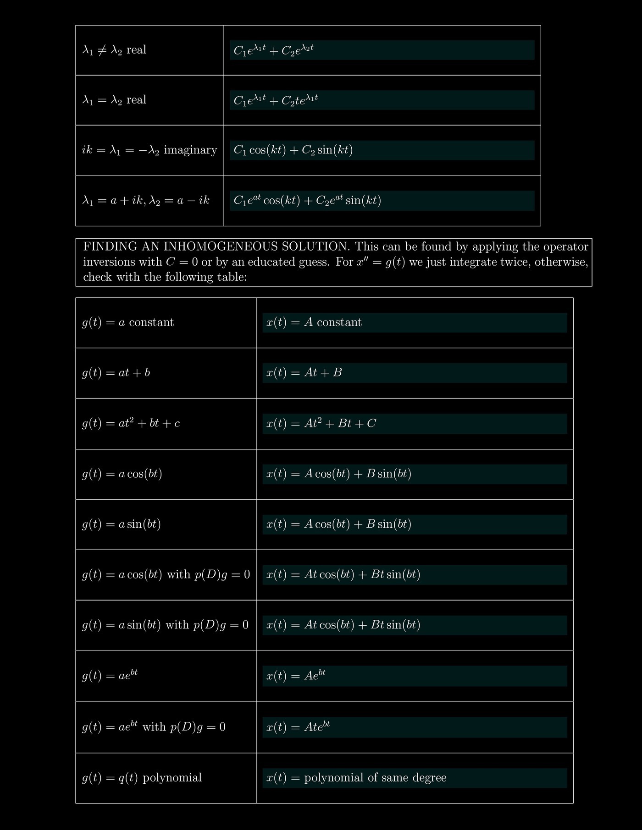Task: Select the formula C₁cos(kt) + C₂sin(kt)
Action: tap(293, 150)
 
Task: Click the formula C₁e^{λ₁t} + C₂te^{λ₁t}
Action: tap(276, 100)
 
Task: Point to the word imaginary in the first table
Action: tap(190, 150)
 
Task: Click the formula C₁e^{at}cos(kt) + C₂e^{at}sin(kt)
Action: tap(307, 201)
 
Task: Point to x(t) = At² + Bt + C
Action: tap(321, 423)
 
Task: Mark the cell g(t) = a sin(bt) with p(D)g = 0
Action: tap(165, 625)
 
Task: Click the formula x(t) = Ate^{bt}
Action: tap(298, 727)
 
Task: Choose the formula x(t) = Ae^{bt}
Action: tap(296, 676)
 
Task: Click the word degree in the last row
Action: tap(429, 778)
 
